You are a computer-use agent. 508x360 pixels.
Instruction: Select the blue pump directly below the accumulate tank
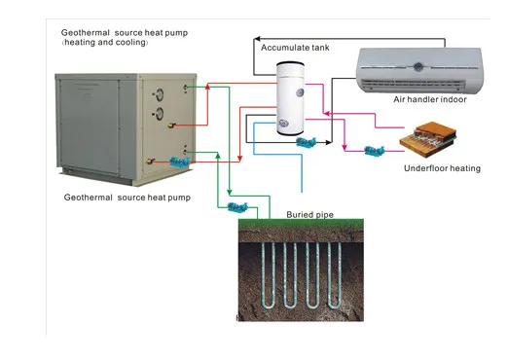[305, 143]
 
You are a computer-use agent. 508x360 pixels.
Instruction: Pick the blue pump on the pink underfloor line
[373, 151]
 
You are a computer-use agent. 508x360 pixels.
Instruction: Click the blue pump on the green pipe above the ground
[236, 206]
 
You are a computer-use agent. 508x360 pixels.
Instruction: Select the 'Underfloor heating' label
[441, 168]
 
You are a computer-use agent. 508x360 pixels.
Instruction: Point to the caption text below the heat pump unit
[127, 198]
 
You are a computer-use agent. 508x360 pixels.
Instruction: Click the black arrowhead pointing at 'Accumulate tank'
[257, 45]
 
